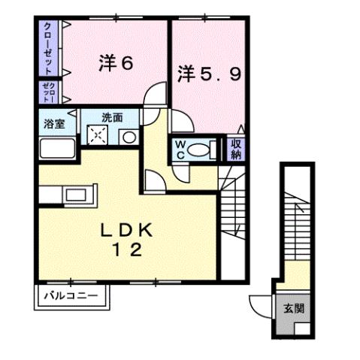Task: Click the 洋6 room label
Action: click(x=116, y=63)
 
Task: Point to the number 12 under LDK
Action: click(x=128, y=252)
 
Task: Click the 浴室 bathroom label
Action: click(x=53, y=122)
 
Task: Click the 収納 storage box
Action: click(x=235, y=148)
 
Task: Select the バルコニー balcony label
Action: click(x=70, y=295)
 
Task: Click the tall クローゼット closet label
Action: click(x=49, y=47)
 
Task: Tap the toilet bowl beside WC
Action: click(x=201, y=149)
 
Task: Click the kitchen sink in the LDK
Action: click(x=75, y=196)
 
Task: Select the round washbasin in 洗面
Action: click(x=129, y=137)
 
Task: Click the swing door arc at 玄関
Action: click(x=259, y=306)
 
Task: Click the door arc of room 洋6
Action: click(x=156, y=95)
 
